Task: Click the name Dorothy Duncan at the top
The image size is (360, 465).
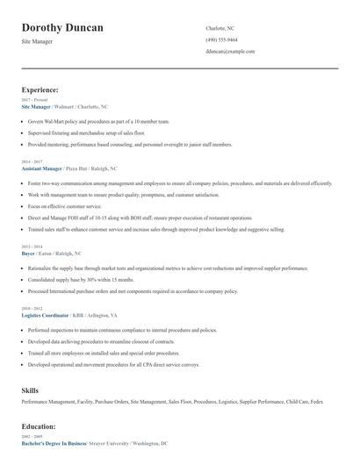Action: pyautogui.click(x=62, y=28)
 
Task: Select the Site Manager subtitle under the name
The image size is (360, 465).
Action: pyautogui.click(x=40, y=42)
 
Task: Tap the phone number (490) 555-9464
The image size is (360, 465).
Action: pyautogui.click(x=221, y=40)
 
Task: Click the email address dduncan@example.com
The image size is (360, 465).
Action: pyautogui.click(x=230, y=52)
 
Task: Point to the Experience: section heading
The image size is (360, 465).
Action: pyautogui.click(x=40, y=89)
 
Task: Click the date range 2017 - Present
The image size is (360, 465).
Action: pyautogui.click(x=35, y=100)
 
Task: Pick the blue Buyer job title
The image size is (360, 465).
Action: pyautogui.click(x=29, y=253)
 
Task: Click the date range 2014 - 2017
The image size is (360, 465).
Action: pyautogui.click(x=32, y=161)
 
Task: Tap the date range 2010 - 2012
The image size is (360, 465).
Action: pyautogui.click(x=32, y=308)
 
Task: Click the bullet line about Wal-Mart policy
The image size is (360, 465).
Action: pyautogui.click(x=98, y=121)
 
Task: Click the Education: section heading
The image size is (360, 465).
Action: pyautogui.click(x=39, y=426)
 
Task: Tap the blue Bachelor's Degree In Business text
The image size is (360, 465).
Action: pyautogui.click(x=54, y=443)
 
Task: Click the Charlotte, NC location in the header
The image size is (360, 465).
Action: pyautogui.click(x=220, y=28)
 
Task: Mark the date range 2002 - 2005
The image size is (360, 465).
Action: pyautogui.click(x=32, y=437)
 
